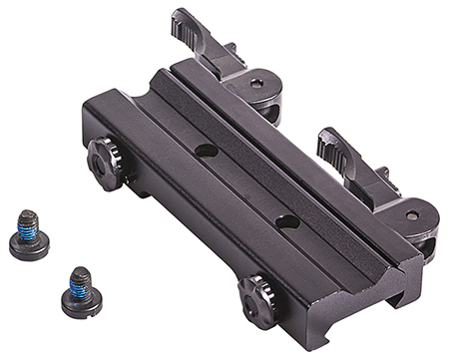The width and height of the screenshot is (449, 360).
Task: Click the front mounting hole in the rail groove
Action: click(x=287, y=221)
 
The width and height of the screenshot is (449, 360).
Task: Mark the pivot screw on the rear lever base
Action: click(x=259, y=85)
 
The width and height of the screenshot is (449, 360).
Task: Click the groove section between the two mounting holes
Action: click(x=246, y=185)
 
